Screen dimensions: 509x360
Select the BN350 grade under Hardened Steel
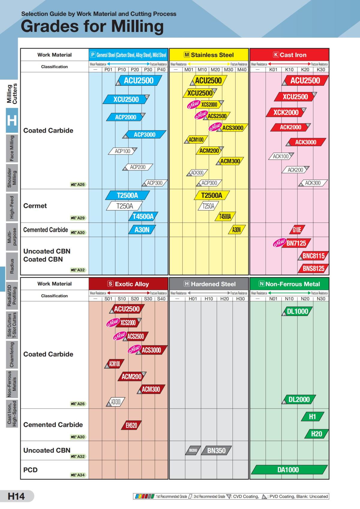click(x=216, y=451)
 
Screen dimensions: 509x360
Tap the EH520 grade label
click(x=131, y=425)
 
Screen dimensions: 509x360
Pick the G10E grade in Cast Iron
click(x=297, y=230)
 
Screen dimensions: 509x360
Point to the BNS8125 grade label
click(x=313, y=269)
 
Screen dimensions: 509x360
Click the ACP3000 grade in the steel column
click(x=145, y=135)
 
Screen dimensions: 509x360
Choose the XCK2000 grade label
click(x=286, y=112)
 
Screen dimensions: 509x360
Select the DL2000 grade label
click(x=299, y=400)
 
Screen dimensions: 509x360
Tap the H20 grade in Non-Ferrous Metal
click(x=316, y=434)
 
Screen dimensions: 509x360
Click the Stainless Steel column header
click(x=209, y=55)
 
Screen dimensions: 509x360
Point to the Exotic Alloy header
click(x=128, y=284)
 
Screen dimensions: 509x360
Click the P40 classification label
click(x=161, y=70)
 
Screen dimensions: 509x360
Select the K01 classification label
click(x=273, y=70)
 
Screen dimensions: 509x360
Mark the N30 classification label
click(x=321, y=299)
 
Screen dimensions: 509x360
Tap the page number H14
click(x=16, y=496)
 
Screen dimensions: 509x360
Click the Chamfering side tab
click(x=12, y=355)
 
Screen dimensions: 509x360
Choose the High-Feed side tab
click(x=12, y=207)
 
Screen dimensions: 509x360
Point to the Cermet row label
click(x=35, y=206)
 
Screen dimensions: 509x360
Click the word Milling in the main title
click(x=137, y=26)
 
